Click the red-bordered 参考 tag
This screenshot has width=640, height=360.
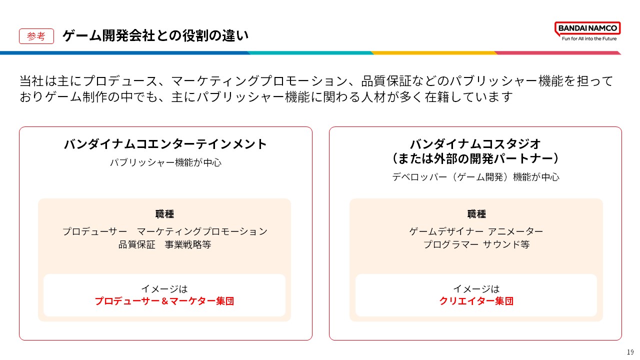coord(36,36)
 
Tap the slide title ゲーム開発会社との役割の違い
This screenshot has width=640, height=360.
coord(155,36)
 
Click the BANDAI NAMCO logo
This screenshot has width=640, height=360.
coord(587,28)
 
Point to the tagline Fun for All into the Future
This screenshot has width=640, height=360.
coord(589,38)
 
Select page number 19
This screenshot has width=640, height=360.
coord(630,352)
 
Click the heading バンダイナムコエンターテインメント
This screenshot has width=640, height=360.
coord(165,144)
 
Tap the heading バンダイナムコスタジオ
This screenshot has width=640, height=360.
coord(475,144)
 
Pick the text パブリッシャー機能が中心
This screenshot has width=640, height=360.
coord(165,162)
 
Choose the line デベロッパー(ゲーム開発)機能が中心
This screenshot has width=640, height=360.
coord(475,177)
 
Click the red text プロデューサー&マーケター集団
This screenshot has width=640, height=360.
coord(164,301)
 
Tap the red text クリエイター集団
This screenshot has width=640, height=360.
coord(476,301)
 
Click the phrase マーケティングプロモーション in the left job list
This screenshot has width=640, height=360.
coord(202,231)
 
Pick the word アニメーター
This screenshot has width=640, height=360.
coord(515,231)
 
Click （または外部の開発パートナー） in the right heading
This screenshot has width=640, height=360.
coord(475,159)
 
